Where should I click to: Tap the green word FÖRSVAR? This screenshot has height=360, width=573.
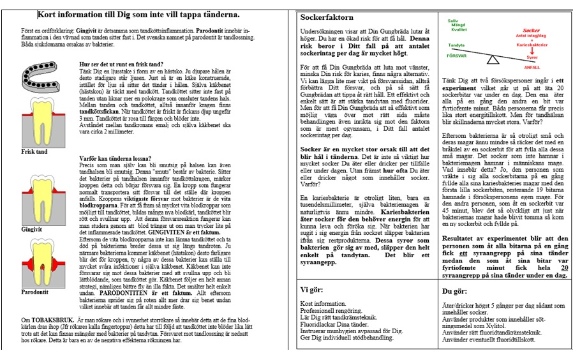457,55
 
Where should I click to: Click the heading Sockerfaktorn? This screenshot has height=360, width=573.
327,17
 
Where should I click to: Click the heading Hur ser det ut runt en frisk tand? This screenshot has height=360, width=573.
121,64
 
